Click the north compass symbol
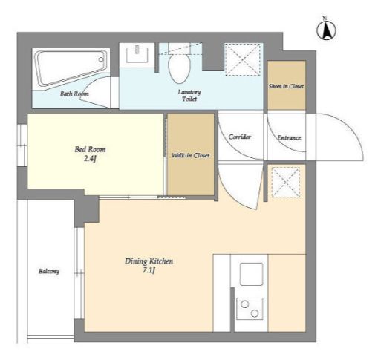tap(326, 30)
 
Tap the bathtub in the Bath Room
tap(71, 67)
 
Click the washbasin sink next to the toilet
tap(137, 55)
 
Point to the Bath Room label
tap(74, 94)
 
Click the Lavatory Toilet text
tap(189, 96)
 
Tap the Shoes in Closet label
tap(286, 86)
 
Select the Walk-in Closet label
tap(190, 155)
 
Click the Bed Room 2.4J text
tap(90, 154)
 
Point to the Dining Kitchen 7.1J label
tap(149, 266)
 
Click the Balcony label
tap(49, 272)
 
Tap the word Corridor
tap(240, 137)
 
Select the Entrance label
tap(289, 137)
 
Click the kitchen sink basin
tap(251, 274)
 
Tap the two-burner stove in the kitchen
tap(250, 309)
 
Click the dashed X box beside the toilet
tap(244, 59)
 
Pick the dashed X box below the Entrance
tap(286, 183)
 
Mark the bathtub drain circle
tap(101, 59)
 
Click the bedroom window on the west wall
tap(22, 145)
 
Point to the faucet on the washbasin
tap(137, 50)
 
